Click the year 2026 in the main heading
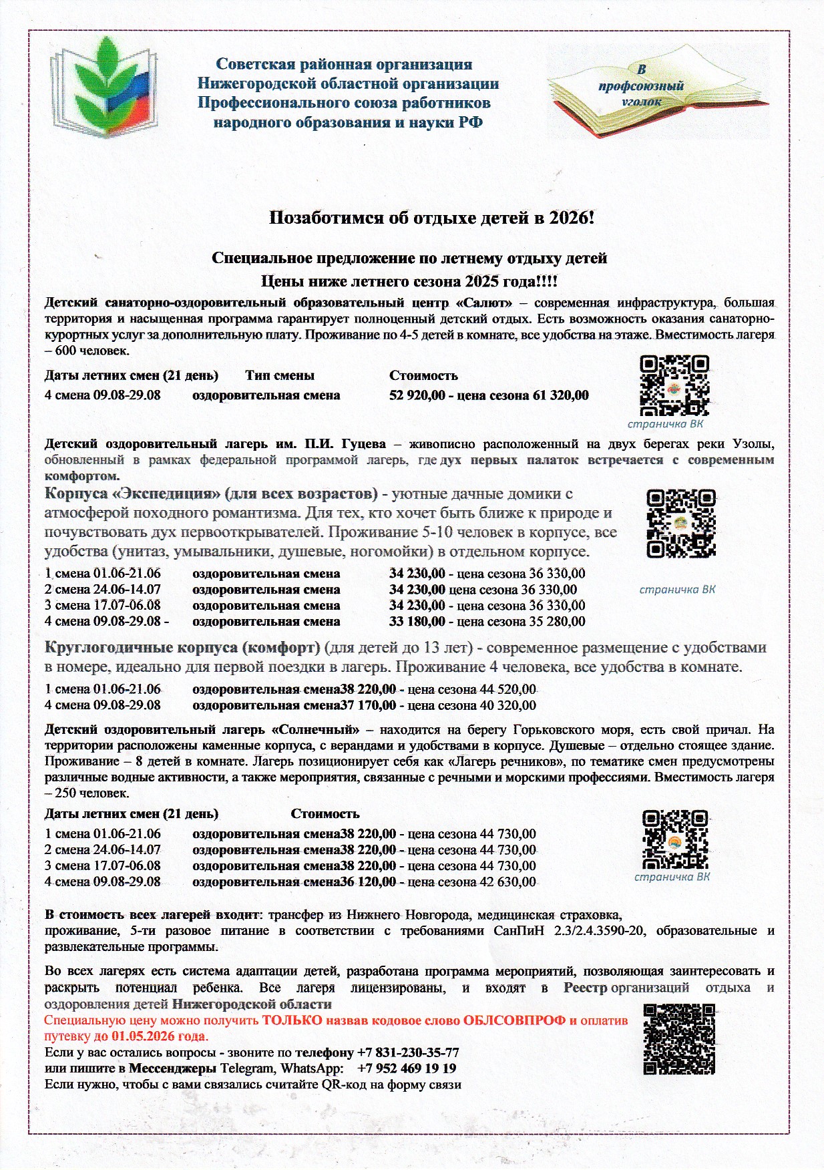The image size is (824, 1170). tap(568, 218)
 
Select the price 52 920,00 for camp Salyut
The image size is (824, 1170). tap(417, 395)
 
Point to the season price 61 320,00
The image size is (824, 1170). tap(561, 395)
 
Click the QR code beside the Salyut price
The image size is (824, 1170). tap(674, 386)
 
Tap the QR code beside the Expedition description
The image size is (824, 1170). tap(681, 524)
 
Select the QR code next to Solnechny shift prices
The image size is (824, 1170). tap(674, 839)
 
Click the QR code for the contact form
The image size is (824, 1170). tap(679, 1040)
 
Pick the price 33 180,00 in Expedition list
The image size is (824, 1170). tap(417, 622)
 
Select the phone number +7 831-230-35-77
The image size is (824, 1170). tap(408, 1052)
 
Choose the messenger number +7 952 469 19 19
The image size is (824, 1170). tap(407, 1068)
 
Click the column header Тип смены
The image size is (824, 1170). tap(280, 375)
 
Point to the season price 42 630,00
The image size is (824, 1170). tap(507, 882)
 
